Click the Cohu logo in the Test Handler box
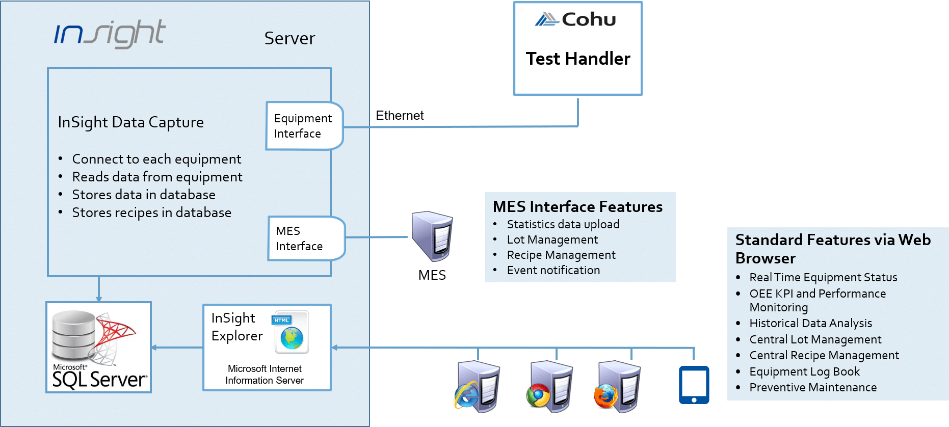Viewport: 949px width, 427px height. pos(576,20)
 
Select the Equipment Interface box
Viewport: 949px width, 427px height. pos(304,126)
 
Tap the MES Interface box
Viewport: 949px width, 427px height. pos(306,238)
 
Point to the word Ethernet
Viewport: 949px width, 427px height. pos(400,116)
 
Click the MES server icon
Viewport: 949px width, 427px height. pos(432,236)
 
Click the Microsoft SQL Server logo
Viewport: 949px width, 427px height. pos(99,348)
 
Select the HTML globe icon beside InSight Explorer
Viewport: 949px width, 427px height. pos(292,332)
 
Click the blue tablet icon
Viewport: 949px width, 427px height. pos(694,385)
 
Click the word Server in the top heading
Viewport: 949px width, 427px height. pos(289,38)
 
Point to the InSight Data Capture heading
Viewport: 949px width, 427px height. pos(130,122)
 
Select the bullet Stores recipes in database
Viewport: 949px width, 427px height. pos(151,212)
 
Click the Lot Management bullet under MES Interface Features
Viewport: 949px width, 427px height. pos(552,239)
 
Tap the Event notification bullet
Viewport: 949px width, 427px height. pos(553,270)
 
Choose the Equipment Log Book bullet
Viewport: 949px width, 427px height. pos(804,371)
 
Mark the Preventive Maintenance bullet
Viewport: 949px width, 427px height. pos(813,387)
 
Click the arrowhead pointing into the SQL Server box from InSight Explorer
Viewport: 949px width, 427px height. pos(154,348)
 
